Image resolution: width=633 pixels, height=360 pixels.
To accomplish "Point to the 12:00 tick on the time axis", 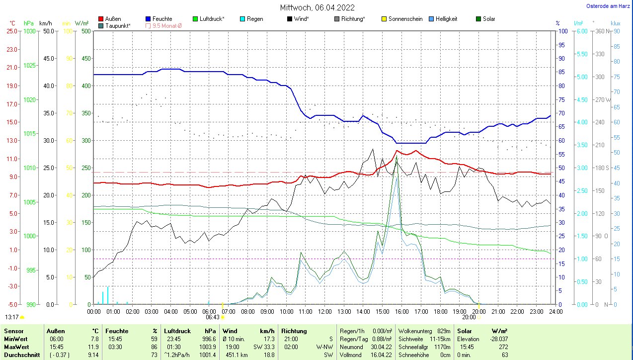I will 324,312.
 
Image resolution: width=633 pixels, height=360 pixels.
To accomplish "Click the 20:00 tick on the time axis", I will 478,312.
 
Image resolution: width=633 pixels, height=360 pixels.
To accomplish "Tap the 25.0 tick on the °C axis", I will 11,31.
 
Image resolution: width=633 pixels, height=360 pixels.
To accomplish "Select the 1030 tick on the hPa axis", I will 30,31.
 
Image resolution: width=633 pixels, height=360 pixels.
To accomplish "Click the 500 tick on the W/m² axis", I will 86,31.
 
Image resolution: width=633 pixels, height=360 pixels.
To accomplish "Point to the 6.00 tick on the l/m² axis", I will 581,31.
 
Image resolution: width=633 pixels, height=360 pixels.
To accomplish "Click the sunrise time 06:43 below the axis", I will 212,317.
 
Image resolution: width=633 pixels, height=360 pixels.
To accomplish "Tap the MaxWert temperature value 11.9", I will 93,347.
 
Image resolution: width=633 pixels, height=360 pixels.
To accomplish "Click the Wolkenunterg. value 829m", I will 444,331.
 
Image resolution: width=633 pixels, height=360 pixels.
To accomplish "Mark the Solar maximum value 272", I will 502,347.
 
